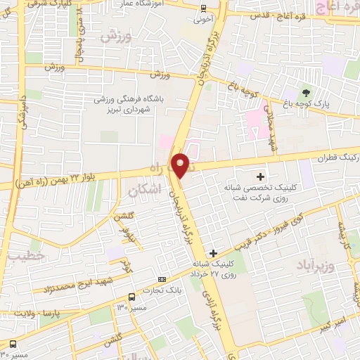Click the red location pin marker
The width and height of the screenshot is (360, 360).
pos(181,165)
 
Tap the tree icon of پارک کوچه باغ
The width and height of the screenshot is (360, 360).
pos(306,91)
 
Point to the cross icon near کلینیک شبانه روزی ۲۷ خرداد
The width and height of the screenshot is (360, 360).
pos(214,252)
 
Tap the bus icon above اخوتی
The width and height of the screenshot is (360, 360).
pos(202,8)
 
